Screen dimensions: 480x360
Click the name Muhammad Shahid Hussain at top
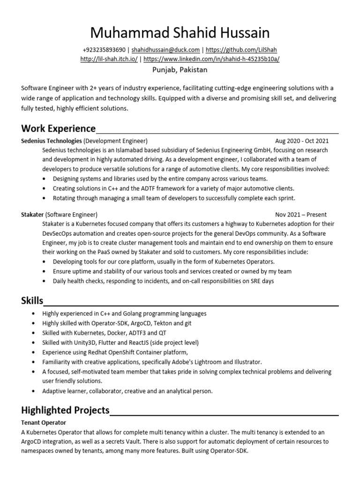pyautogui.click(x=180, y=33)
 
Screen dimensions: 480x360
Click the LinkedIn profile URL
pyautogui.click(x=211, y=59)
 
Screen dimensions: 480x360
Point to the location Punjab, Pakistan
pyautogui.click(x=180, y=70)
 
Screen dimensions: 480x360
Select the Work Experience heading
pyautogui.click(x=59, y=128)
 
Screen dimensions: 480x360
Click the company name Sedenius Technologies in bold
pyautogui.click(x=52, y=141)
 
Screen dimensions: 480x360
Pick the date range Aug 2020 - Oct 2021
pyautogui.click(x=302, y=141)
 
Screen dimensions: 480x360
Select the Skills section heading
pyautogui.click(x=32, y=300)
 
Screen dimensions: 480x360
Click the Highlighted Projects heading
pyautogui.click(x=65, y=411)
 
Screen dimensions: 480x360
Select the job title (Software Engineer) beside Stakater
pyautogui.click(x=72, y=214)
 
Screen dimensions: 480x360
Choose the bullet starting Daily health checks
pyautogui.click(x=163, y=281)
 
